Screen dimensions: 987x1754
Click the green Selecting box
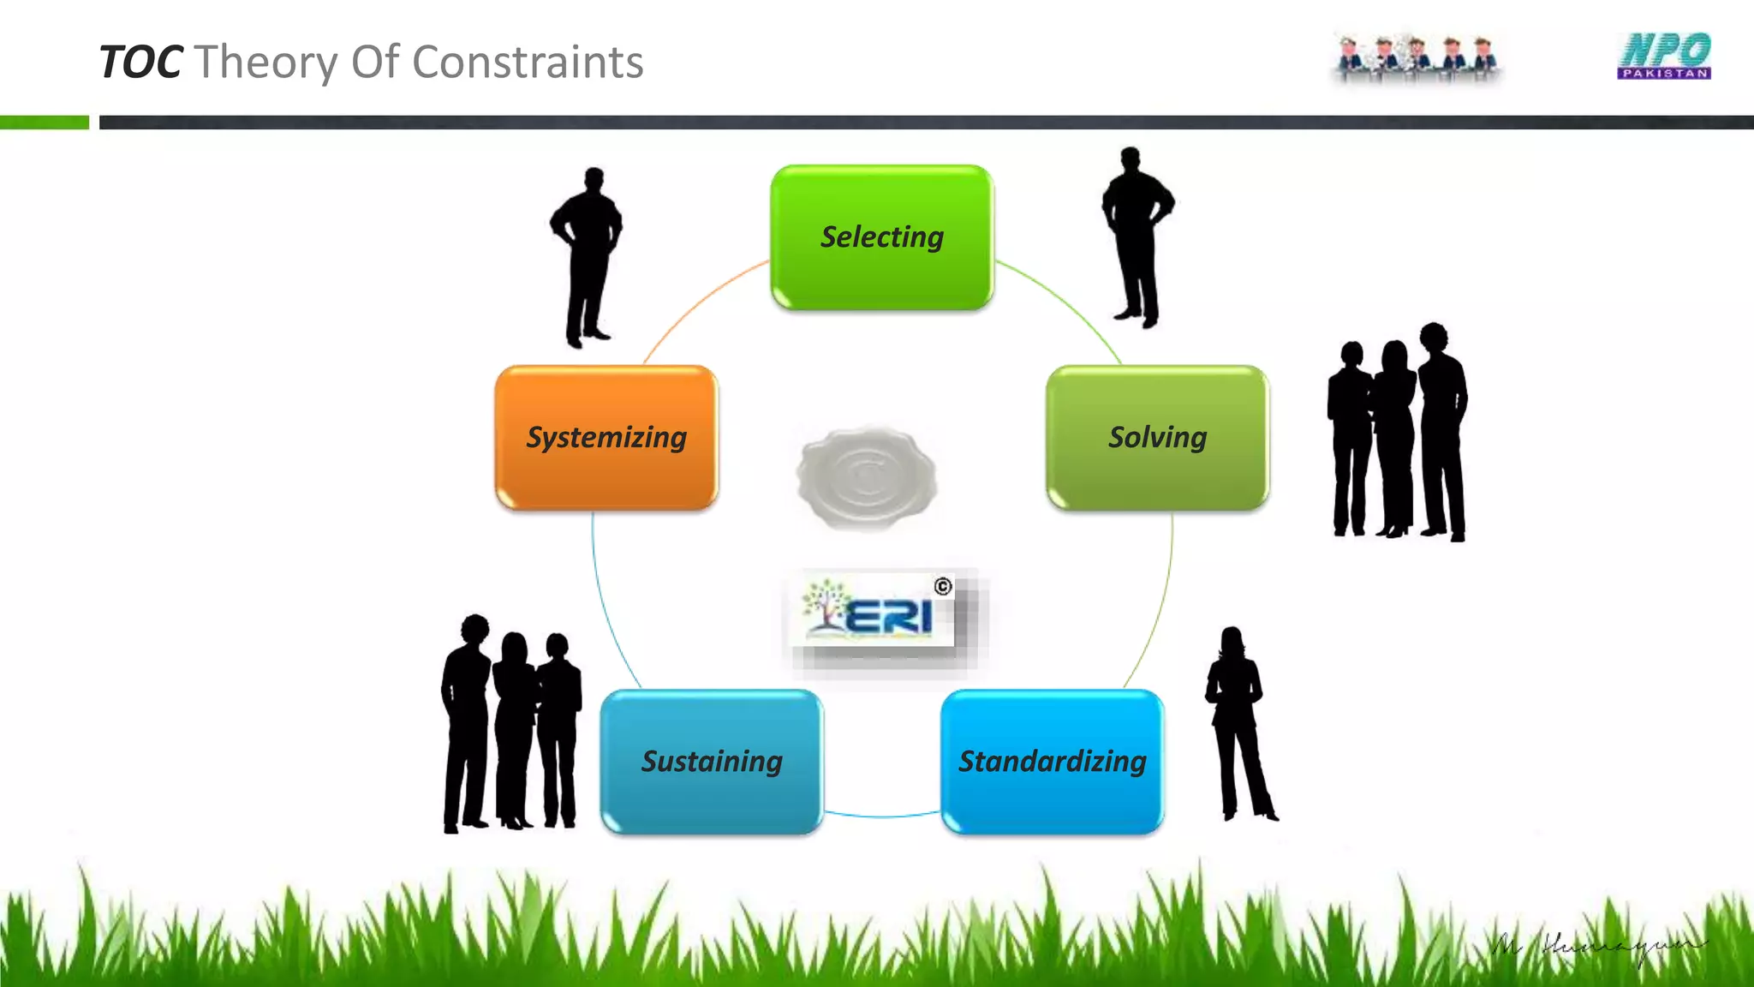tap(881, 237)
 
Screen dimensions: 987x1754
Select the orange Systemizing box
tap(606, 438)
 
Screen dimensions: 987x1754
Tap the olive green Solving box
tap(1157, 438)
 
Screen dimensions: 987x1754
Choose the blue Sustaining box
tap(712, 762)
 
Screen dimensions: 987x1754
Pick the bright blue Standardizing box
tap(1052, 762)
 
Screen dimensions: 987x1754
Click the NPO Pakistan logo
tap(1664, 57)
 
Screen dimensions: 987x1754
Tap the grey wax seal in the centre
tap(867, 476)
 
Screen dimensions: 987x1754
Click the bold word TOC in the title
tap(140, 63)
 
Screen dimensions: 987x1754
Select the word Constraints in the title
tap(528, 63)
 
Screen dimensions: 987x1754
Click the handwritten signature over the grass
tap(1597, 947)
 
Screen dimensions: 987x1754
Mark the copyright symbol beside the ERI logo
tap(943, 586)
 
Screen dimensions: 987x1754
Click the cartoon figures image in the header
tap(1417, 58)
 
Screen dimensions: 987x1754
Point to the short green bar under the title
tap(45, 123)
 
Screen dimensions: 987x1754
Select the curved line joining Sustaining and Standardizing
tap(882, 815)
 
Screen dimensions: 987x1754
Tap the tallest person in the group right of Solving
tap(1442, 428)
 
